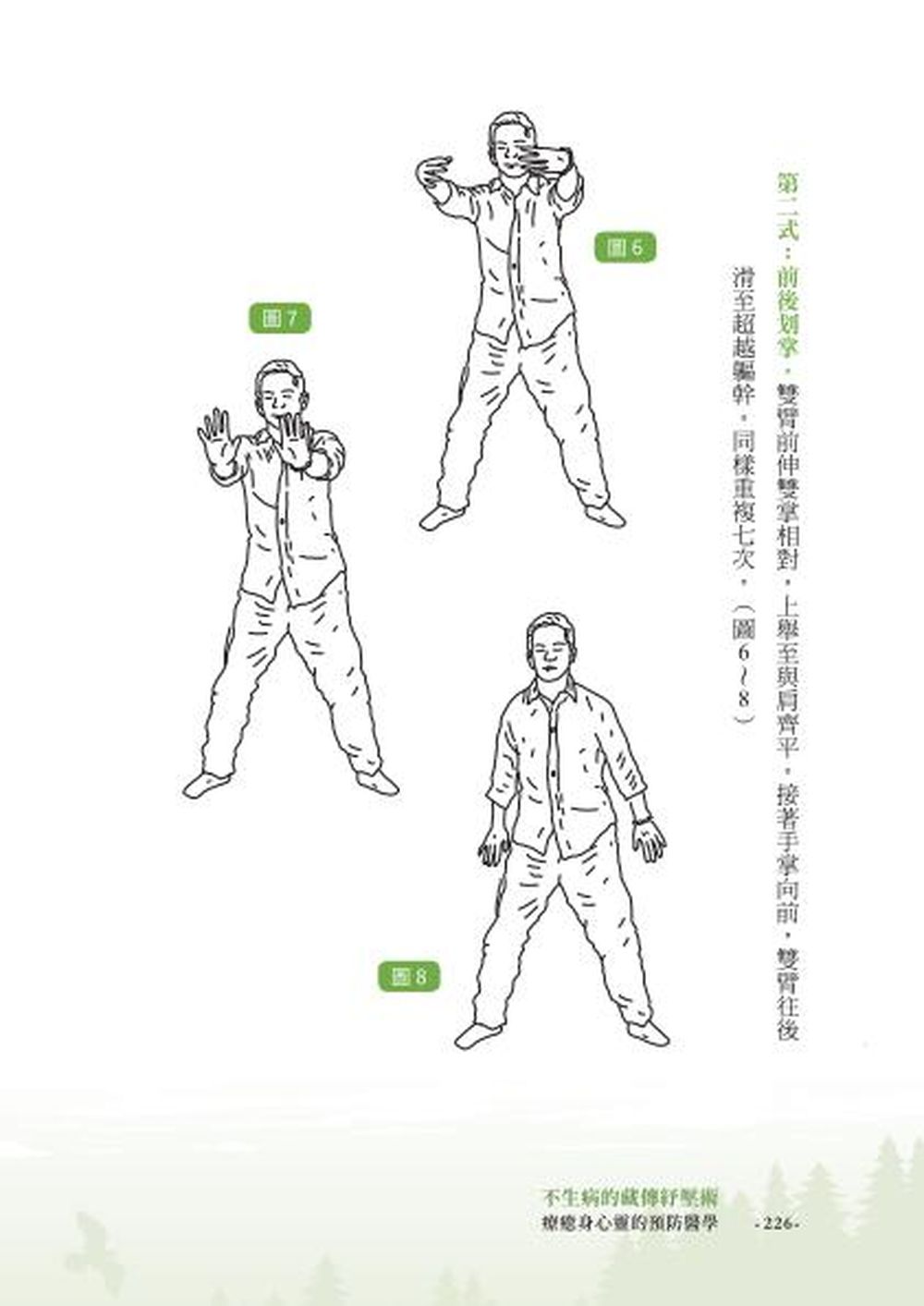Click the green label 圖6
[x=625, y=248]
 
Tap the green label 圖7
[x=279, y=319]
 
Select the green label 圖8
[x=409, y=977]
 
